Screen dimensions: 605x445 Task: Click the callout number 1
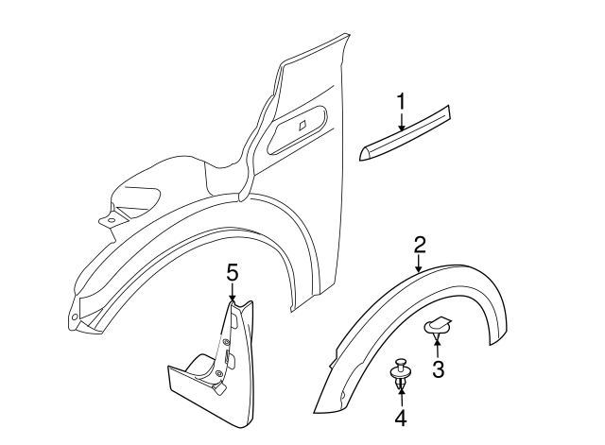(401, 101)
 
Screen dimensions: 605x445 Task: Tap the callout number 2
(420, 245)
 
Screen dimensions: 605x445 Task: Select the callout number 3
(438, 369)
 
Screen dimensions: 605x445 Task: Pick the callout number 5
(233, 273)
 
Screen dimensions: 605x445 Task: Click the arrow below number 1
(401, 121)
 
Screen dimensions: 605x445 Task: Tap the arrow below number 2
(420, 264)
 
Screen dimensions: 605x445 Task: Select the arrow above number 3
(437, 347)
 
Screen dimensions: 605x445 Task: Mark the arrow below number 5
(233, 292)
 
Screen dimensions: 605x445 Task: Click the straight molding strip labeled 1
(405, 133)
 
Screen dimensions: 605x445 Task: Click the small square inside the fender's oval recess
(302, 125)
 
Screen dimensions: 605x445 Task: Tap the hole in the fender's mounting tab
(111, 220)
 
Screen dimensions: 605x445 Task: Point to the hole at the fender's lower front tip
(75, 317)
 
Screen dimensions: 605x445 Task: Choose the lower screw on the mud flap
(219, 373)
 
